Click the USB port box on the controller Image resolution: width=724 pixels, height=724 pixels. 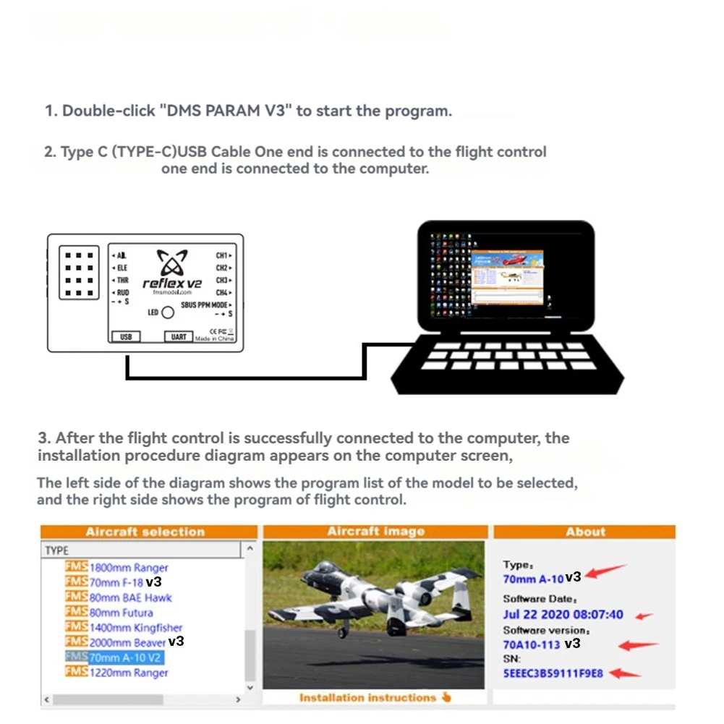click(126, 337)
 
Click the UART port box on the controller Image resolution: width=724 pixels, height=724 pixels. click(178, 337)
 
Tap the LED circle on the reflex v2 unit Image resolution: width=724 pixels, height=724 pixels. click(167, 312)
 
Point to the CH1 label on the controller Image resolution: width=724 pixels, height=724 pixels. click(221, 255)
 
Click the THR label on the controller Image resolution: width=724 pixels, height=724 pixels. click(122, 280)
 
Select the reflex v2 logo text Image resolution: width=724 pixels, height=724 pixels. click(171, 284)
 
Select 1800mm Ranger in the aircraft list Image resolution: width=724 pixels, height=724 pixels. click(128, 568)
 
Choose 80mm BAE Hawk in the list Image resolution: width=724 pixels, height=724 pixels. click(130, 597)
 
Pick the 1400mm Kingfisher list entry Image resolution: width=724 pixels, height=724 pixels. click(135, 628)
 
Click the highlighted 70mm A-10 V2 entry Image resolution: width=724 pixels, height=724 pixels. click(125, 657)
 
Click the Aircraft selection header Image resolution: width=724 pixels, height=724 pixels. click(145, 532)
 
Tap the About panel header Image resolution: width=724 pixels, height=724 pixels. click(584, 532)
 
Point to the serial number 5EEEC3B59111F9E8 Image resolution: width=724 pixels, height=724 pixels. click(553, 673)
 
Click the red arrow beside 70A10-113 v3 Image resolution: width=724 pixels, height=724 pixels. click(638, 644)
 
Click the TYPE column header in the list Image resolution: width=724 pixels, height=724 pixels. click(57, 550)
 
